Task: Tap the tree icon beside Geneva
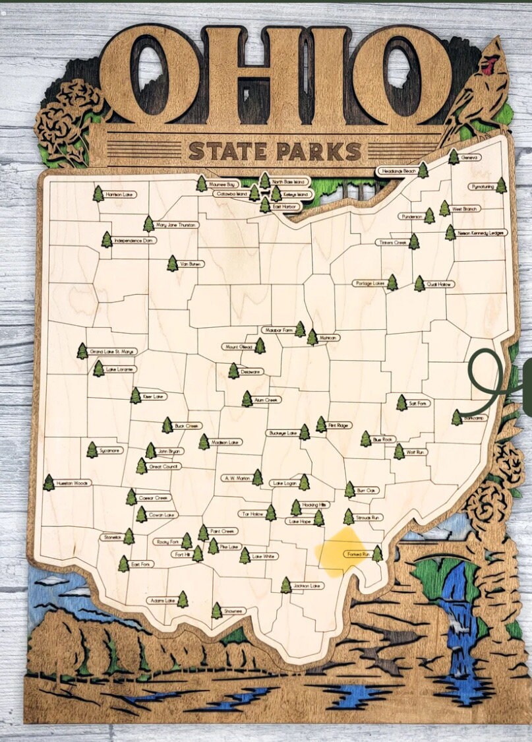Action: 454,157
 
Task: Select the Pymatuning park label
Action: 483,187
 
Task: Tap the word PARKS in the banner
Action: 318,151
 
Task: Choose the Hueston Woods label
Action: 73,483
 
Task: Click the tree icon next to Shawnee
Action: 216,611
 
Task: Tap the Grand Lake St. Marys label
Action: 112,352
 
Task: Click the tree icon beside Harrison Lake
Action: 98,194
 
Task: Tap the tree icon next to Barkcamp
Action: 456,417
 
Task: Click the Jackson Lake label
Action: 307,585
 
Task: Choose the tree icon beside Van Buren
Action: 172,264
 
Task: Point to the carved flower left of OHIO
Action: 66,122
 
